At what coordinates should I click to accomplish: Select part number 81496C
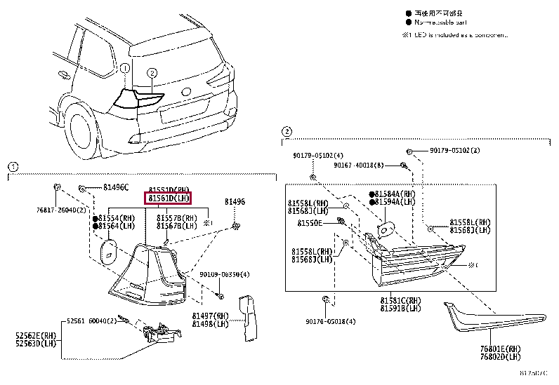pyautogui.click(x=116, y=188)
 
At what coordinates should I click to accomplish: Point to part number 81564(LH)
pyautogui.click(x=117, y=226)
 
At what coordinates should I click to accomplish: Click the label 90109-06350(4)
pyautogui.click(x=225, y=274)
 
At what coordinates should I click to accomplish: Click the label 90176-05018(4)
pyautogui.click(x=331, y=321)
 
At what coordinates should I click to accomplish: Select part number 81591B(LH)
pyautogui.click(x=401, y=309)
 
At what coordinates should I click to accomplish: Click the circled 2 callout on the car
pyautogui.click(x=152, y=73)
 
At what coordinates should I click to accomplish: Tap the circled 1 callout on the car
pyautogui.click(x=124, y=69)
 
